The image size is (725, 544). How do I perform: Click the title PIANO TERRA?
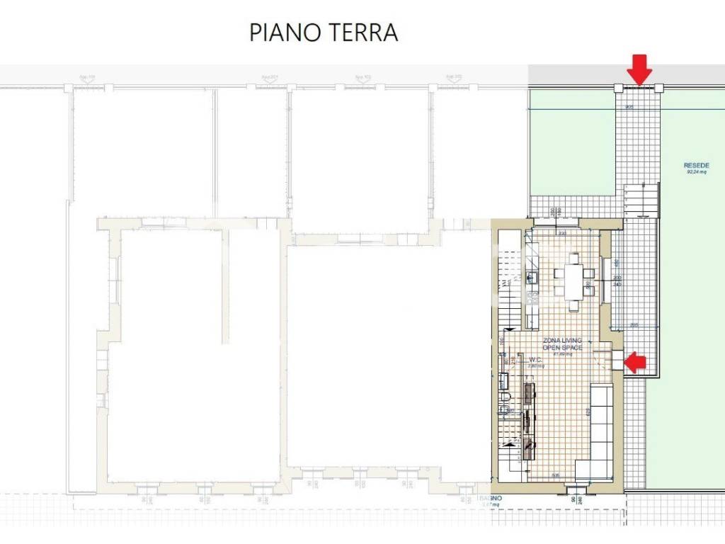(324, 33)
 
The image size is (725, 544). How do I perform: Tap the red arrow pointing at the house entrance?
(634, 362)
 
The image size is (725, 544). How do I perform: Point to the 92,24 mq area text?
(697, 172)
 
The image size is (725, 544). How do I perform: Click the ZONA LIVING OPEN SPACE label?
(562, 344)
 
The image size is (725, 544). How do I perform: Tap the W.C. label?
(535, 359)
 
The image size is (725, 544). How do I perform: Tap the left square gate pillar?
(618, 88)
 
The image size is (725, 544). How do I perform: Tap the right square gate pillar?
(659, 88)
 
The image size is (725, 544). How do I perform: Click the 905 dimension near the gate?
(629, 106)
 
